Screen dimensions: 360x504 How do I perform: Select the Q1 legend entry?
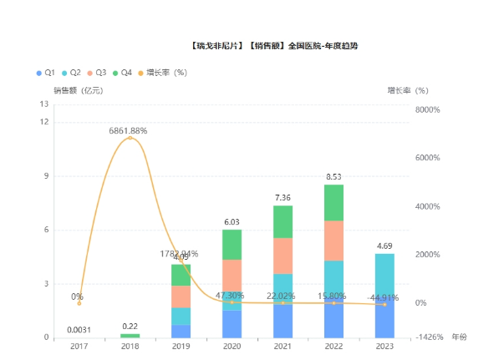click(x=47, y=73)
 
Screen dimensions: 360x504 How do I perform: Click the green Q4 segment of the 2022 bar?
click(x=333, y=202)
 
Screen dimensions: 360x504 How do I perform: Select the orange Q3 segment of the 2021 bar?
click(x=283, y=256)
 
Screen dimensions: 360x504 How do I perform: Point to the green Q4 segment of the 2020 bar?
click(x=232, y=245)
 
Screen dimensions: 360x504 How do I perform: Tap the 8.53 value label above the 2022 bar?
click(x=333, y=177)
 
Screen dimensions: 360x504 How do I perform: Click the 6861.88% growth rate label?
click(x=128, y=130)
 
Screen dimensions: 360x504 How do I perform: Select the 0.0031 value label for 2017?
click(x=79, y=329)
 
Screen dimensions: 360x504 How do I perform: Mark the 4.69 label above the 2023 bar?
click(x=384, y=246)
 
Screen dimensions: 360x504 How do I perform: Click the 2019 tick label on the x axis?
click(x=181, y=347)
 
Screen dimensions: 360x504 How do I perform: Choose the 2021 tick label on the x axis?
click(x=283, y=347)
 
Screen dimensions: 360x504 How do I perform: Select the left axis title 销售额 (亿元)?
click(x=78, y=89)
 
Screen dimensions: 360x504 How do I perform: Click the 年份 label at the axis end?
click(x=460, y=337)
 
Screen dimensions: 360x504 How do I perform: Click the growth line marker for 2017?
click(x=79, y=303)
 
